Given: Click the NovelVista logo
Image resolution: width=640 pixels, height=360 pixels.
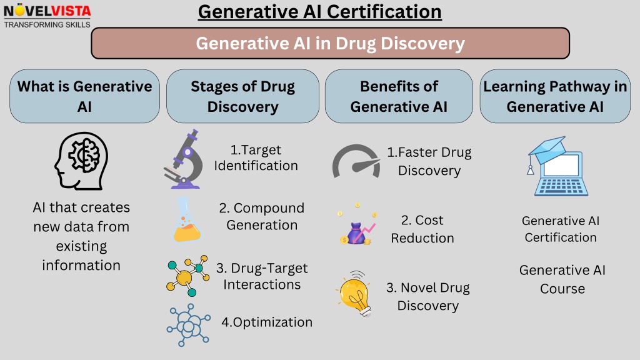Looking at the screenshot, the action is (47, 16).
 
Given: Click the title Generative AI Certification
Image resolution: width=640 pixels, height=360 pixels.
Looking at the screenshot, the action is (319, 12).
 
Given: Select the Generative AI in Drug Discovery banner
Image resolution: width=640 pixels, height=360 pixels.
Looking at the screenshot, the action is (330, 43).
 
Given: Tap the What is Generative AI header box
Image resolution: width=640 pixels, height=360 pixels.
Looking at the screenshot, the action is (84, 96).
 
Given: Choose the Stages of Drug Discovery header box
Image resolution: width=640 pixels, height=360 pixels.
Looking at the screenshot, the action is (243, 96).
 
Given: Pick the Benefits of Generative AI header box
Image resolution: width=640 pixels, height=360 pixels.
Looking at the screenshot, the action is (399, 96).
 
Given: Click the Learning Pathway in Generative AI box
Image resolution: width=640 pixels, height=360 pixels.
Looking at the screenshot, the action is (555, 96).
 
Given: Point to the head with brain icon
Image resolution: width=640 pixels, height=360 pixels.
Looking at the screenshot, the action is (82, 161).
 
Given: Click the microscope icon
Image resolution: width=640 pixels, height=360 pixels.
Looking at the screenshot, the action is (184, 159).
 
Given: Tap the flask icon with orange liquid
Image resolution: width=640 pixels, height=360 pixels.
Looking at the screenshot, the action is (186, 219).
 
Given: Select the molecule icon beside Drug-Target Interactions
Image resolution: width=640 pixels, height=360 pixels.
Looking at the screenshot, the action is (187, 276).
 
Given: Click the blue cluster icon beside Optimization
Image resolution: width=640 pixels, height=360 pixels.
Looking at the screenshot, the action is (189, 325).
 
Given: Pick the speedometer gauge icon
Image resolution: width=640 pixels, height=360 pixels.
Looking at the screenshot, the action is (356, 161).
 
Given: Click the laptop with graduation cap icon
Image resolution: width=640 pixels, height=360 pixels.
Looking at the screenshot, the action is (557, 166).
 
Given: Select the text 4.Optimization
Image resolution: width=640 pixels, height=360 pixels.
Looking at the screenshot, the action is (267, 322).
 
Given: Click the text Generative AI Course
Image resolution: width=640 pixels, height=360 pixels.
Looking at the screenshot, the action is (562, 279).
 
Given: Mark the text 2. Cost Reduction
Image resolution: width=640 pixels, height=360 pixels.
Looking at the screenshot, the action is (422, 229).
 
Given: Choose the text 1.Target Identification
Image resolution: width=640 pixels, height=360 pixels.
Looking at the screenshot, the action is (256, 157).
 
